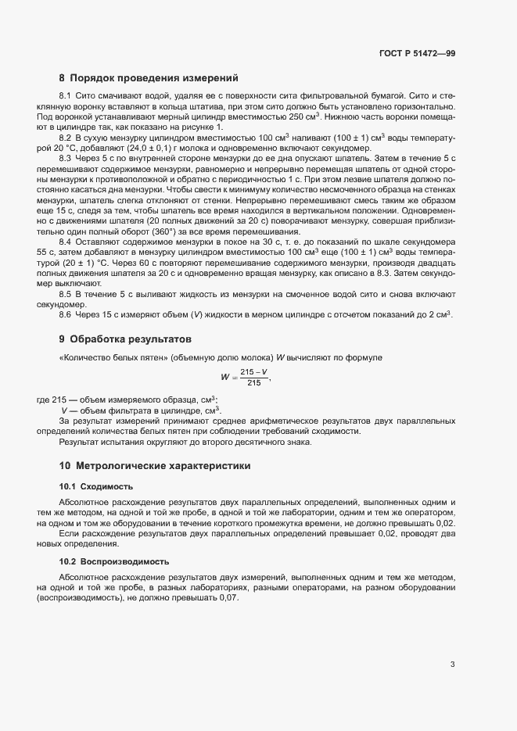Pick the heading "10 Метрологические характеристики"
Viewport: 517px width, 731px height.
click(x=155, y=466)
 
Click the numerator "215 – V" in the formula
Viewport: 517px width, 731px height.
click(x=253, y=372)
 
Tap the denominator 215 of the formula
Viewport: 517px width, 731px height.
click(x=253, y=383)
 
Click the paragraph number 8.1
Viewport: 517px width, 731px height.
click(x=66, y=95)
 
